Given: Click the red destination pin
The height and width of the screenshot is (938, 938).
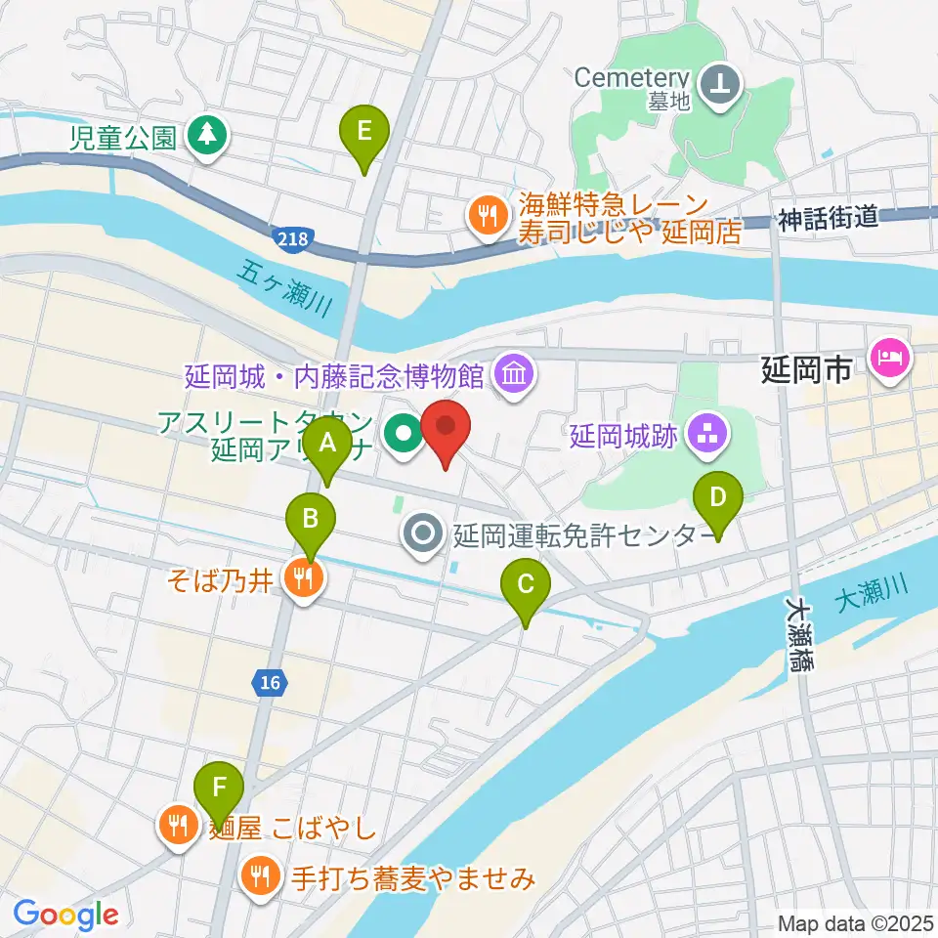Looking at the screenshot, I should [x=446, y=430].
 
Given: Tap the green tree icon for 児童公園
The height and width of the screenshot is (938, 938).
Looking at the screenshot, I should [x=206, y=135].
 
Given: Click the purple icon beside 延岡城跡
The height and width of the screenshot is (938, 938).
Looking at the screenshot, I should [x=704, y=435].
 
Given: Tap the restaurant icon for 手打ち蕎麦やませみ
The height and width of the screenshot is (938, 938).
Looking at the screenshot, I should [x=260, y=876].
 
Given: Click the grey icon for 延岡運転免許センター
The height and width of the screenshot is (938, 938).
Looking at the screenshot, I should [x=423, y=533].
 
